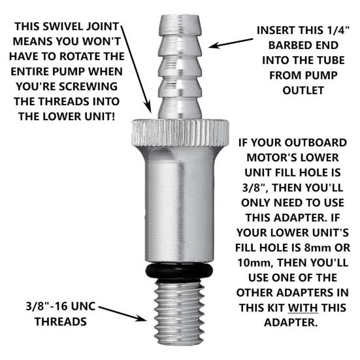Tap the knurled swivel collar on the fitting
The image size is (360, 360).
(180, 133)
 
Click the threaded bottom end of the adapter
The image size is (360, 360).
(179, 313)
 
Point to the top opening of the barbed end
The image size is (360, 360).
(180, 17)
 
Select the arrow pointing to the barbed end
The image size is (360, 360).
(231, 43)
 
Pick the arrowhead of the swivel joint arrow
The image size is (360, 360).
(149, 107)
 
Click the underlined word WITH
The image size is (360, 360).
(303, 308)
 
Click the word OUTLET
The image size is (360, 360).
(303, 90)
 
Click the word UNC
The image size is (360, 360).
(83, 306)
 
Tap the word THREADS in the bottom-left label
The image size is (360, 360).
(61, 321)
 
